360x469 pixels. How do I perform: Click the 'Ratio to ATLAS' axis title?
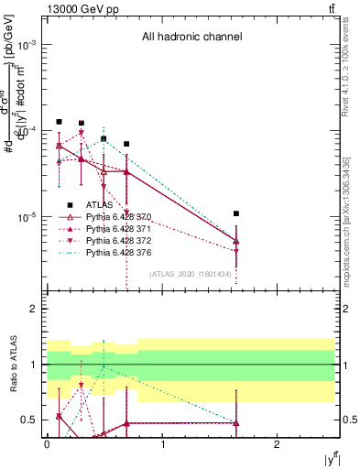12,365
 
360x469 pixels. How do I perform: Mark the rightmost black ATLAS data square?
236,213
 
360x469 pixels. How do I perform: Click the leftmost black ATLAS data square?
59,121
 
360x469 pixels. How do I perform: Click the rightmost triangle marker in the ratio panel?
236,423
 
